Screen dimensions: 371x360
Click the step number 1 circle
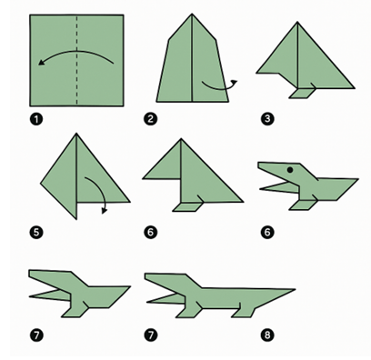pos(36,118)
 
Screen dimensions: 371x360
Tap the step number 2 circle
pos(151,118)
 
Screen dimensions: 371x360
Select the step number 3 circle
pos(267,118)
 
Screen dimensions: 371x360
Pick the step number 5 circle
pos(36,233)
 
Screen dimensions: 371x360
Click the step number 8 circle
pos(267,335)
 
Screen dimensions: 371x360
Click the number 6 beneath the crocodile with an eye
pos(267,233)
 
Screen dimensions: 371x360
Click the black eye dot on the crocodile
pos(290,170)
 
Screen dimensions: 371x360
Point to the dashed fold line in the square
pos(76,60)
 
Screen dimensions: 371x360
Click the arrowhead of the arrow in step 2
pos(234,82)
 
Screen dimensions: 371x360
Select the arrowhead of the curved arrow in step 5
pos(105,211)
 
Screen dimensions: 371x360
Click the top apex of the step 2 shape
pos(192,14)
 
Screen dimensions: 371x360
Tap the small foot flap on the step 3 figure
pos(303,94)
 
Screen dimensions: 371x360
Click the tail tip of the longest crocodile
pos(295,290)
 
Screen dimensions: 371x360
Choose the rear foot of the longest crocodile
pos(244,312)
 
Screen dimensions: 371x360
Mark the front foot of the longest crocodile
pos(188,311)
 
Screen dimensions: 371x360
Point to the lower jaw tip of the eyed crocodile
pos(261,189)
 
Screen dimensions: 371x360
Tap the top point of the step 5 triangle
pos(76,134)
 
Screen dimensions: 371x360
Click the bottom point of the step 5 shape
pos(76,218)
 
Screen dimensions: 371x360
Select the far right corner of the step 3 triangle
pos(354,88)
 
